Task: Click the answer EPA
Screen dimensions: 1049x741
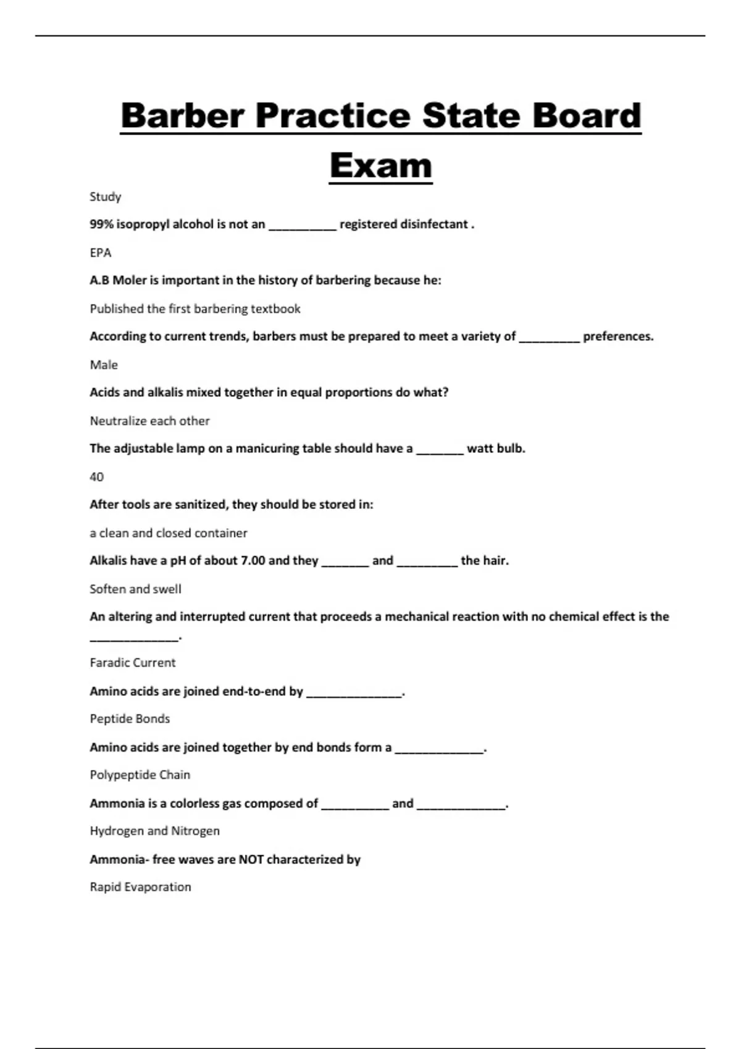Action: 101,252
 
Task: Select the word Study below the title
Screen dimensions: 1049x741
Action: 105,197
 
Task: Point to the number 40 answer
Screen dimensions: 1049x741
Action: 97,476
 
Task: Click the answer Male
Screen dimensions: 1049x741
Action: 104,365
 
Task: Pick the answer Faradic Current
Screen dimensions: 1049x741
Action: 133,662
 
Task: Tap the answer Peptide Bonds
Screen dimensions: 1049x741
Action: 130,718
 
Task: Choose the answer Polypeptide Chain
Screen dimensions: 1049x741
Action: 140,774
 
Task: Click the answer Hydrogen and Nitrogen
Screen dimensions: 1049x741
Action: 154,831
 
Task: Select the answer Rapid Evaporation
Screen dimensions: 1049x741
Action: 140,887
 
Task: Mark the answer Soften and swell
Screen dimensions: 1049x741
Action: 135,589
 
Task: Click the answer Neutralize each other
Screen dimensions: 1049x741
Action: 149,421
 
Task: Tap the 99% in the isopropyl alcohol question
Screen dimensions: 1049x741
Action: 101,224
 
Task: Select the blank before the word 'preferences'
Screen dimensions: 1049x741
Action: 549,338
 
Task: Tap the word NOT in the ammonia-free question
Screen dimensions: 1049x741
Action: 251,859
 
